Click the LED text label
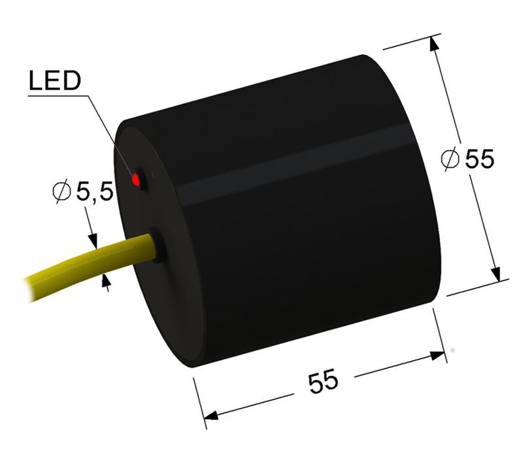point(55,82)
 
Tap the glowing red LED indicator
point(137,178)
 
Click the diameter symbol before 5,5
point(61,192)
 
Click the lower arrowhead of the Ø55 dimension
point(496,271)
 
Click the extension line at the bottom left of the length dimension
point(199,399)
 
